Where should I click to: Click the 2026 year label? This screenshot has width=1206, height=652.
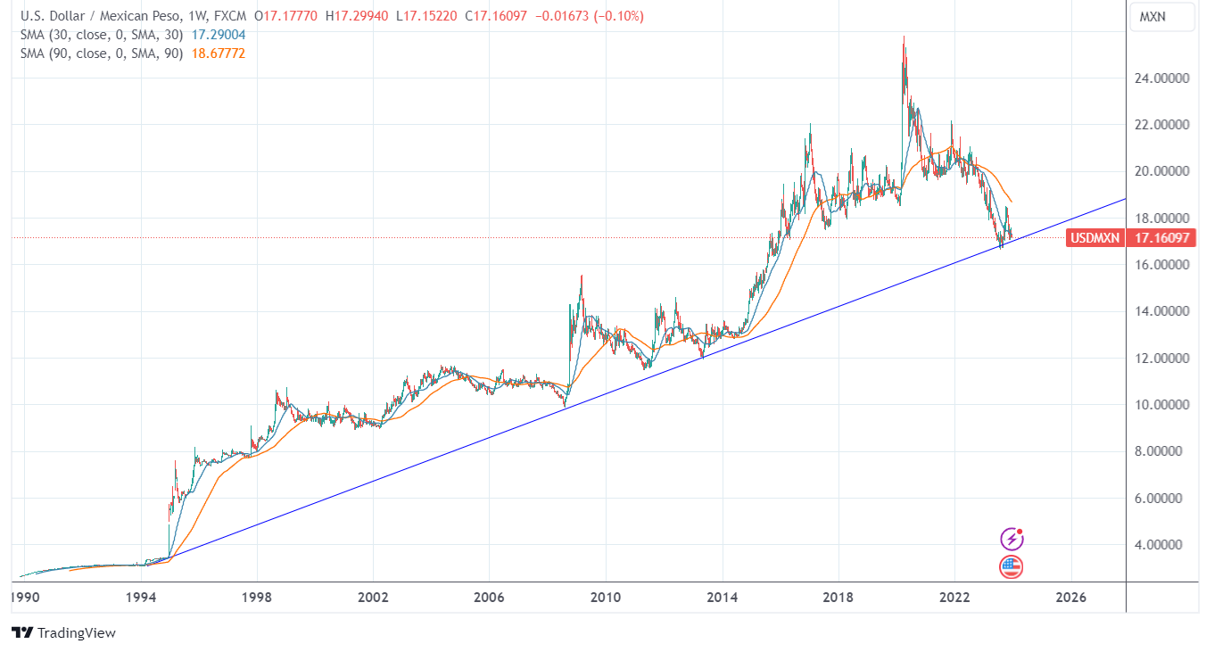point(1070,598)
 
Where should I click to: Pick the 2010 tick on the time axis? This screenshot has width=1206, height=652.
point(606,598)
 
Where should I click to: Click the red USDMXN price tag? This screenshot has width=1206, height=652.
point(1094,238)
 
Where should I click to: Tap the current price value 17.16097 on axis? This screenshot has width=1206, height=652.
point(1161,238)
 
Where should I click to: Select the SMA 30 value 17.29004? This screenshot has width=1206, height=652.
point(219,35)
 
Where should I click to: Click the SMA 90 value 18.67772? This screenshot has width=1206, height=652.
point(219,54)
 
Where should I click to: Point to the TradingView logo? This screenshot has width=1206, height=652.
point(64,632)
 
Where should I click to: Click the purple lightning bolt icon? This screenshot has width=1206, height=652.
point(1011,539)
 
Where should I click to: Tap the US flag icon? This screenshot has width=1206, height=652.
point(1011,566)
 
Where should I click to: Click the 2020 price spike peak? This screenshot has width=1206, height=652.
point(904,37)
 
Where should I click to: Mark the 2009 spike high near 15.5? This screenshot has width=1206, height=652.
point(582,276)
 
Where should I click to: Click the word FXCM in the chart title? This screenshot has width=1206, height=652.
point(231,16)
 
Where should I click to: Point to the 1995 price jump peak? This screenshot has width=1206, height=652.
point(175,461)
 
